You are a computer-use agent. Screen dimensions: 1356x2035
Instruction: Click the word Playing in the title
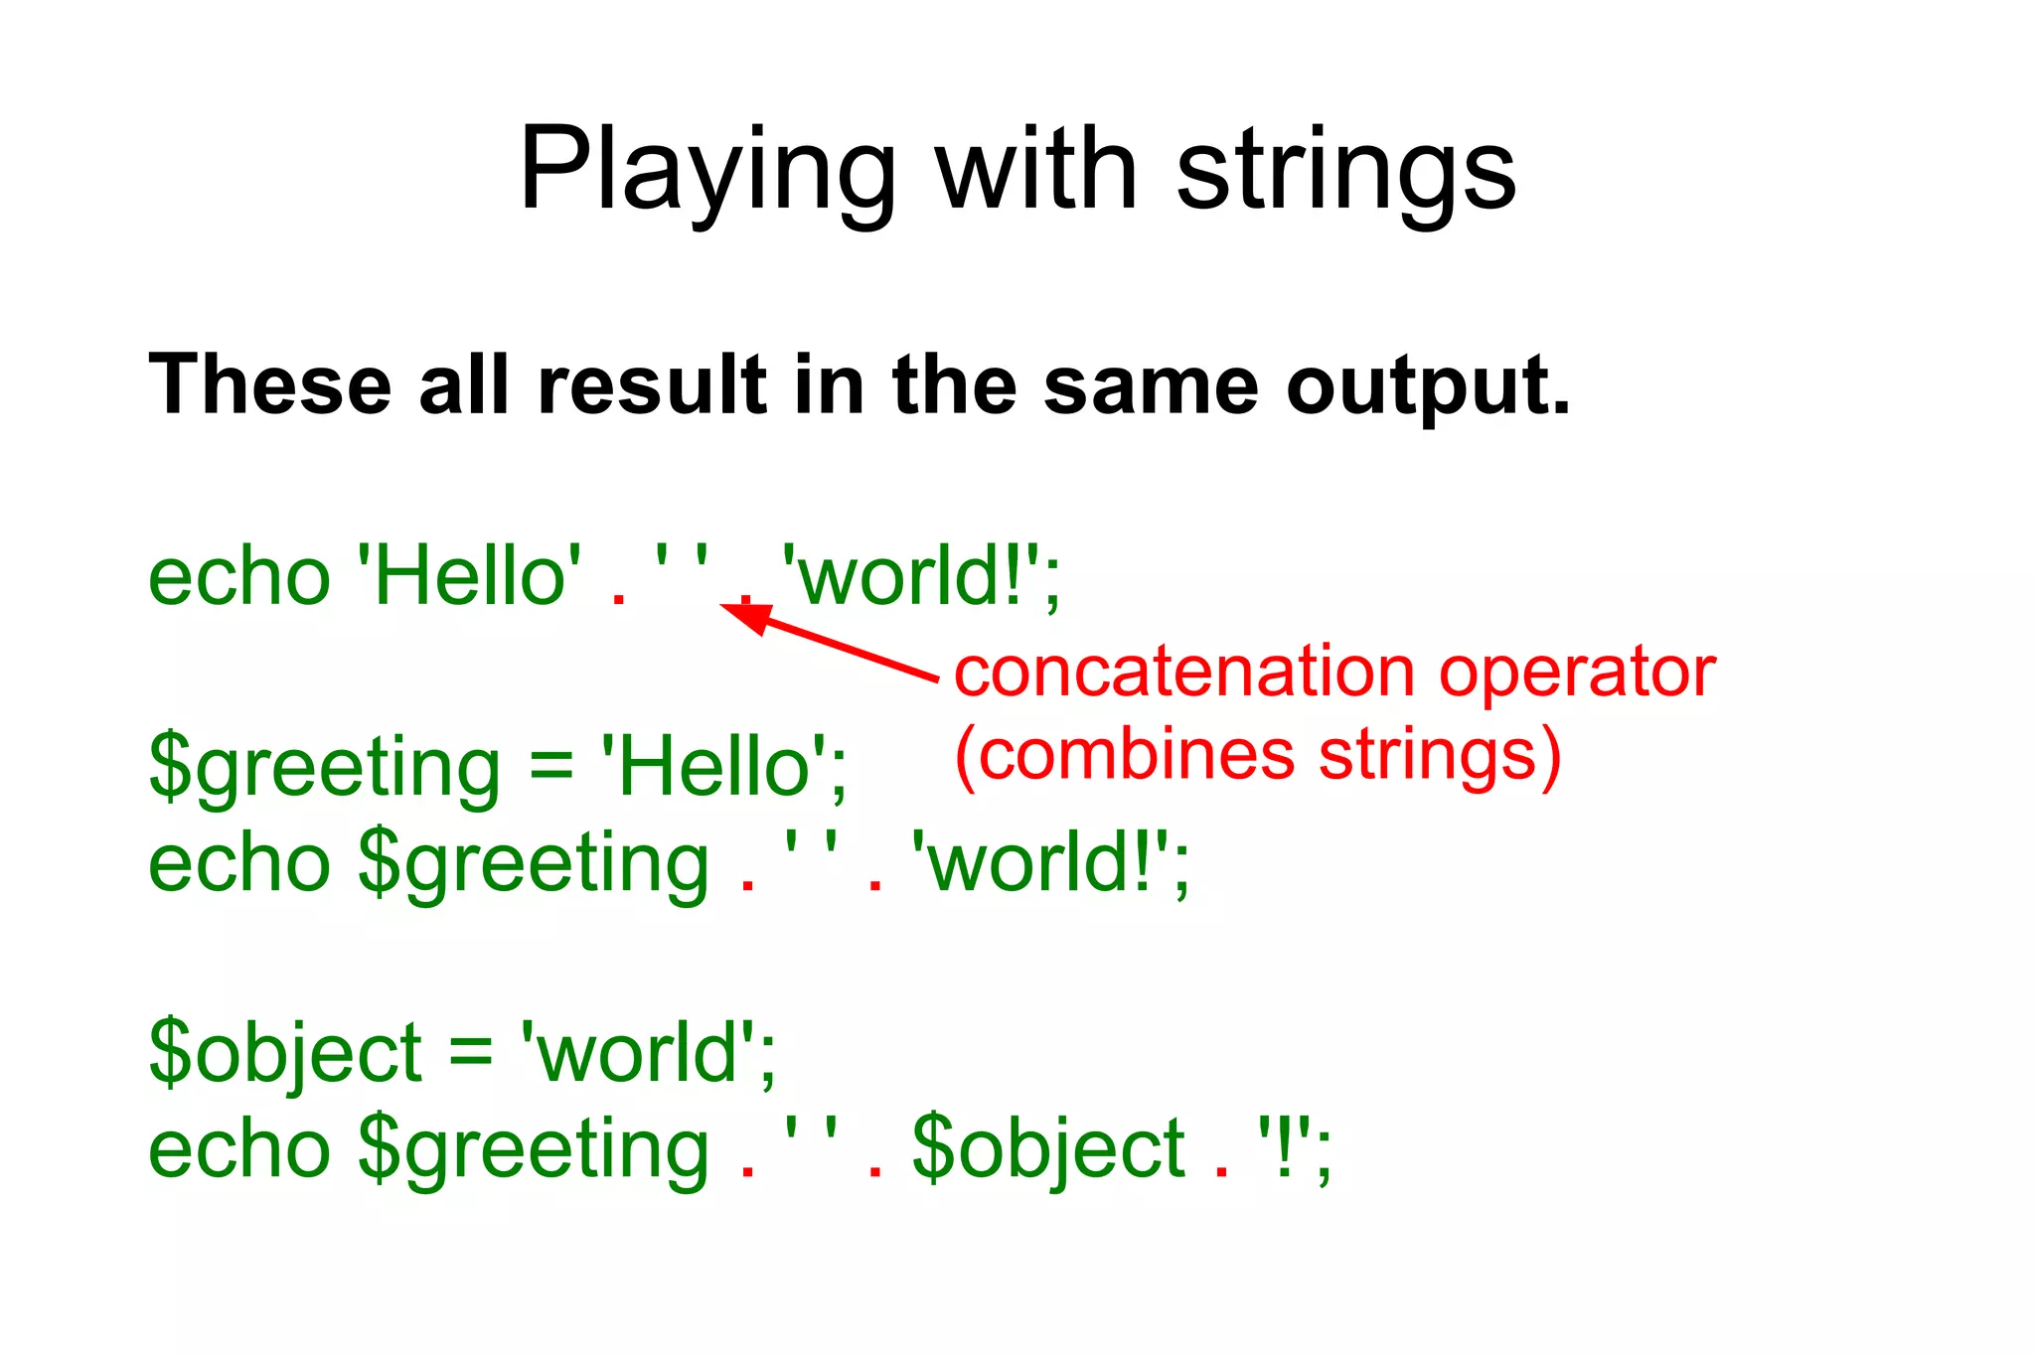tap(706, 171)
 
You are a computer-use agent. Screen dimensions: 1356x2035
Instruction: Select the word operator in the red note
tap(1577, 673)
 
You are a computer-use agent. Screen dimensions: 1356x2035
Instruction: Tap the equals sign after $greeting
tap(551, 766)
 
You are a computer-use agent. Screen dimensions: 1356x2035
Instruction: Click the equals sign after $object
tap(471, 1053)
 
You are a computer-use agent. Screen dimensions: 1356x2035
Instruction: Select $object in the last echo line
tap(1048, 1149)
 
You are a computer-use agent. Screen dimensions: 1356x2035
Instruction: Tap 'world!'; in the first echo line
tap(920, 577)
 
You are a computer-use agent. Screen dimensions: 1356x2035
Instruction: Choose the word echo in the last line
tap(238, 1149)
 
